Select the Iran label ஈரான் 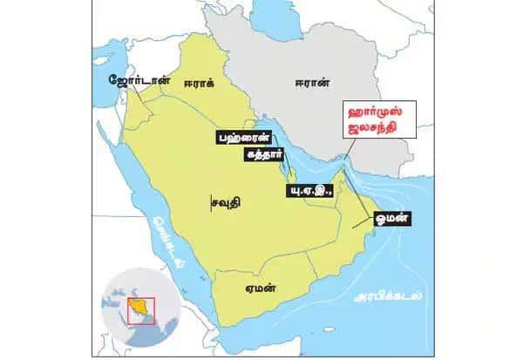tap(311, 84)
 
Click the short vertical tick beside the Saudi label tap(211, 202)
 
